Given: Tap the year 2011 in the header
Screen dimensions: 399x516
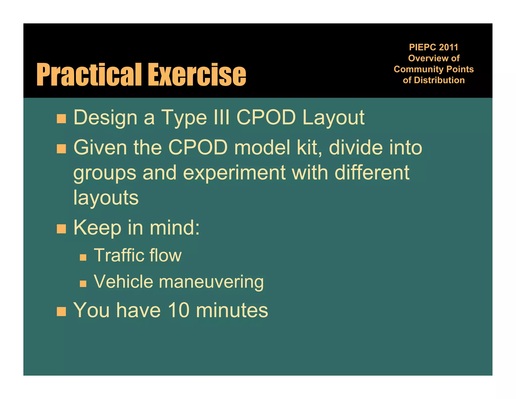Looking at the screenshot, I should point(448,47).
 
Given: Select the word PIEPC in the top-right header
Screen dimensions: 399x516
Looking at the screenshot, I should point(423,47).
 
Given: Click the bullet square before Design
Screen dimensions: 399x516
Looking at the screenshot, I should point(61,119).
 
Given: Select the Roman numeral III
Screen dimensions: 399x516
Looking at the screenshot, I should point(221,117).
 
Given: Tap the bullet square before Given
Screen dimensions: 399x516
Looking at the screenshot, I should point(61,149).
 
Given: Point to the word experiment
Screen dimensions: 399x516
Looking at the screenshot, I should point(234,173).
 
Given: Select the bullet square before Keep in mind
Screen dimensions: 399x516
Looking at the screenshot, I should point(61,229).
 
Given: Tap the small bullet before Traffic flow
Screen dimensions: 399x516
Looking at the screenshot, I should point(83,257).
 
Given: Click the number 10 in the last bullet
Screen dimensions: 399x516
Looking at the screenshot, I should point(179,310).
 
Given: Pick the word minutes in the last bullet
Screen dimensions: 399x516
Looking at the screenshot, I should point(232,310).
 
